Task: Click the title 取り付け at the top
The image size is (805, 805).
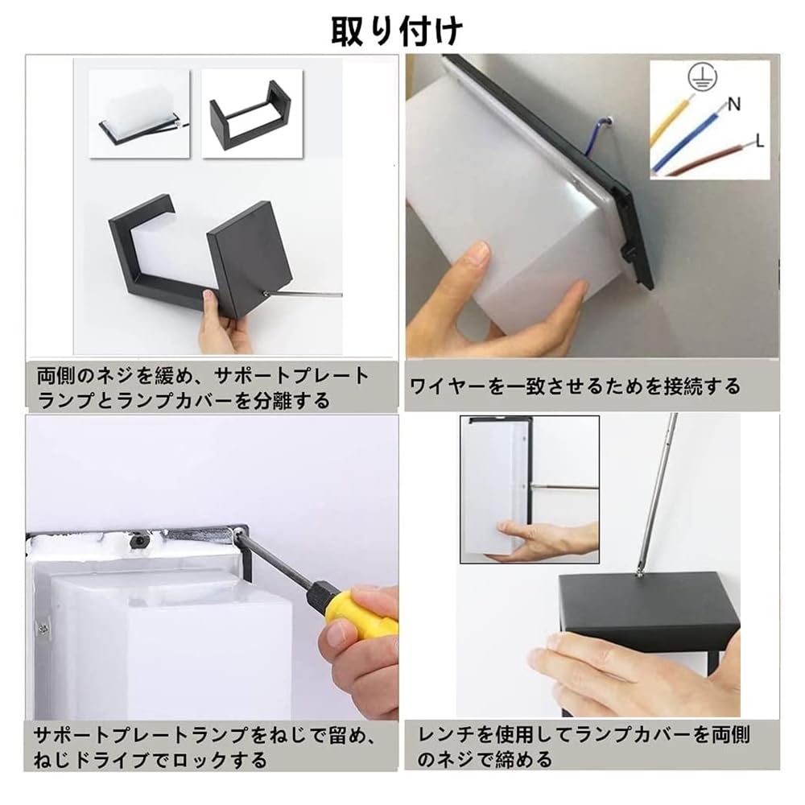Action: pyautogui.click(x=397, y=31)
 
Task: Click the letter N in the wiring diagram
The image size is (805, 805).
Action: pyautogui.click(x=733, y=104)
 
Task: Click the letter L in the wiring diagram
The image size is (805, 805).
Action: pyautogui.click(x=758, y=141)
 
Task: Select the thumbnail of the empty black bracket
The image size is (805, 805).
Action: pyautogui.click(x=251, y=114)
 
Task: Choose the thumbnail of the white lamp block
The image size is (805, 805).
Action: pyautogui.click(x=139, y=114)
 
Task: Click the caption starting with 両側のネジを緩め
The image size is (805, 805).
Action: pyautogui.click(x=203, y=388)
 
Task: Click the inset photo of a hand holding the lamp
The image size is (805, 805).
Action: pyautogui.click(x=529, y=489)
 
